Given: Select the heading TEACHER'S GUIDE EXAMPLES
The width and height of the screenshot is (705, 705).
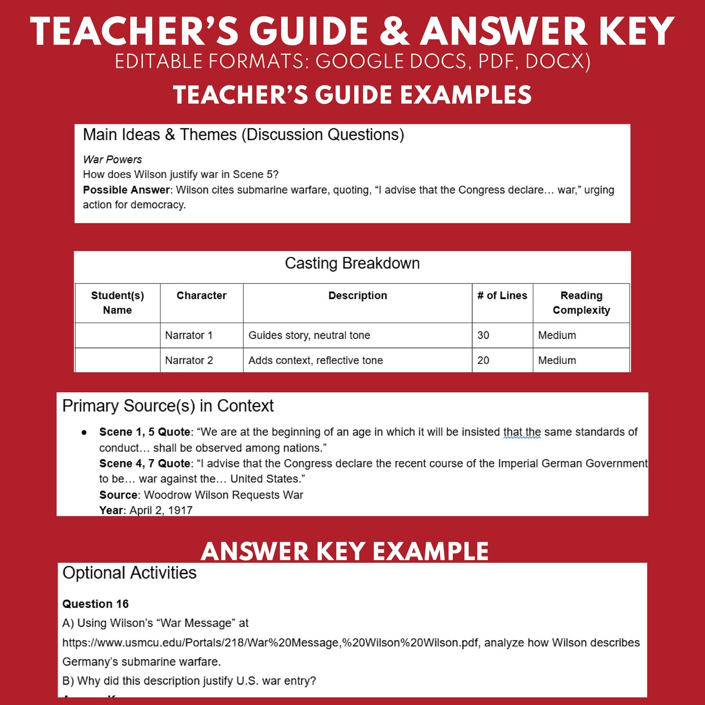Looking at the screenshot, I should pos(352,95).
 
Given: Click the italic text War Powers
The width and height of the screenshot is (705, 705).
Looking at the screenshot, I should pos(112,160).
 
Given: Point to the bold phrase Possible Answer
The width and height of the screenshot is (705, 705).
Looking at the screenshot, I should pos(126,190).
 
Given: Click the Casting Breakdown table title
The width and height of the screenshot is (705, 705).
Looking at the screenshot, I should pos(352,263).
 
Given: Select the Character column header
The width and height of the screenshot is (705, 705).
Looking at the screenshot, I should pos(201,296).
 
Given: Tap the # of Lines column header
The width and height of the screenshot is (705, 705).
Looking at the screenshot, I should pos(502,296).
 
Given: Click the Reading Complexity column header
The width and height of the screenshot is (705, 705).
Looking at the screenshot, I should pos(581,303).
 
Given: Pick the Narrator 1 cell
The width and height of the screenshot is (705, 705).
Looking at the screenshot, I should pos(189,335).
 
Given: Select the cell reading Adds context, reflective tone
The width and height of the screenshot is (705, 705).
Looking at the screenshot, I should pos(316,361).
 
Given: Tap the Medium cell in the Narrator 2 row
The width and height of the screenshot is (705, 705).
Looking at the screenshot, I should pos(557,361).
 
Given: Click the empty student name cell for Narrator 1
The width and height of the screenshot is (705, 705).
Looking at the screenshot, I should pos(117,335).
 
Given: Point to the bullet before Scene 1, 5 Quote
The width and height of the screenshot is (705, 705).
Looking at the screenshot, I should pos(84,432).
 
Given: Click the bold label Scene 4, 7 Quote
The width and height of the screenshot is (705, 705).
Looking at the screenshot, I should pos(144,463).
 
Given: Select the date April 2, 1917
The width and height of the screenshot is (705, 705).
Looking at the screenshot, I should pos(161,510).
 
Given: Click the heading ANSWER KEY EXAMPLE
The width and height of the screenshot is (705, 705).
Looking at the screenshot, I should pos(344,551).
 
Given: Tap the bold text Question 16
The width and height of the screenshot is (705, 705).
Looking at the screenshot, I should pos(95,604).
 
